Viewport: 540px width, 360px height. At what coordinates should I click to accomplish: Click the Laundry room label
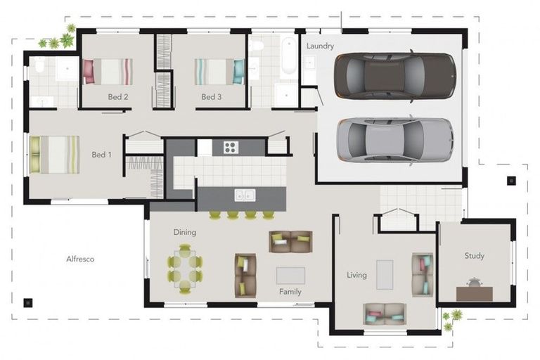tap(320, 46)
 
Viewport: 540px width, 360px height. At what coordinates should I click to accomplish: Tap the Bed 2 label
tap(118, 97)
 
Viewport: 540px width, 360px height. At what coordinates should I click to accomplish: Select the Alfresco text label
tap(80, 259)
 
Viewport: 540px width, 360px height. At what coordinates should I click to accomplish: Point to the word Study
tap(474, 256)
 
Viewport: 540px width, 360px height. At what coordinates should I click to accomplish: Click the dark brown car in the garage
tap(395, 76)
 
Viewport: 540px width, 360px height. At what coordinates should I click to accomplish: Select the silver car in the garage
tap(394, 140)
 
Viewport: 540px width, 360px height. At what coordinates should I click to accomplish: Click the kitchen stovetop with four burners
tap(231, 148)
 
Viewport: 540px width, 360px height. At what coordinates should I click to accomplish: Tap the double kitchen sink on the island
tap(245, 195)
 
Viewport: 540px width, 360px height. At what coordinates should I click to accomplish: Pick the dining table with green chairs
tap(185, 269)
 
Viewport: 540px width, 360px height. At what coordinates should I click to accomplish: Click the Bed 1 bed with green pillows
tap(55, 155)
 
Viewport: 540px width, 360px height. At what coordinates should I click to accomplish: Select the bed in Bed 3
tap(219, 72)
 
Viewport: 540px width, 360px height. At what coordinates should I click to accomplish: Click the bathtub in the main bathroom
tap(288, 56)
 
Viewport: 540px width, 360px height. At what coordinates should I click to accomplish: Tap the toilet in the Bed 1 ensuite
tap(39, 65)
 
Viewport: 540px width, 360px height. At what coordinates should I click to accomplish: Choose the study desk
tap(474, 294)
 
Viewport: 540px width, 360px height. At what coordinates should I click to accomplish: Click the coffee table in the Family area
tap(290, 276)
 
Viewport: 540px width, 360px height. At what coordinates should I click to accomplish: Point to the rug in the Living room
tap(385, 274)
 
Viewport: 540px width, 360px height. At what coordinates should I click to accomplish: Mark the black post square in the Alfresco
tap(28, 303)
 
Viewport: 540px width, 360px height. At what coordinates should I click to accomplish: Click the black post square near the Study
tap(511, 181)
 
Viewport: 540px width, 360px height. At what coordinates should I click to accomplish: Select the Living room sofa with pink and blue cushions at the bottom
tap(385, 314)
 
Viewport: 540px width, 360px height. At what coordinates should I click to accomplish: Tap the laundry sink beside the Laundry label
tap(309, 63)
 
